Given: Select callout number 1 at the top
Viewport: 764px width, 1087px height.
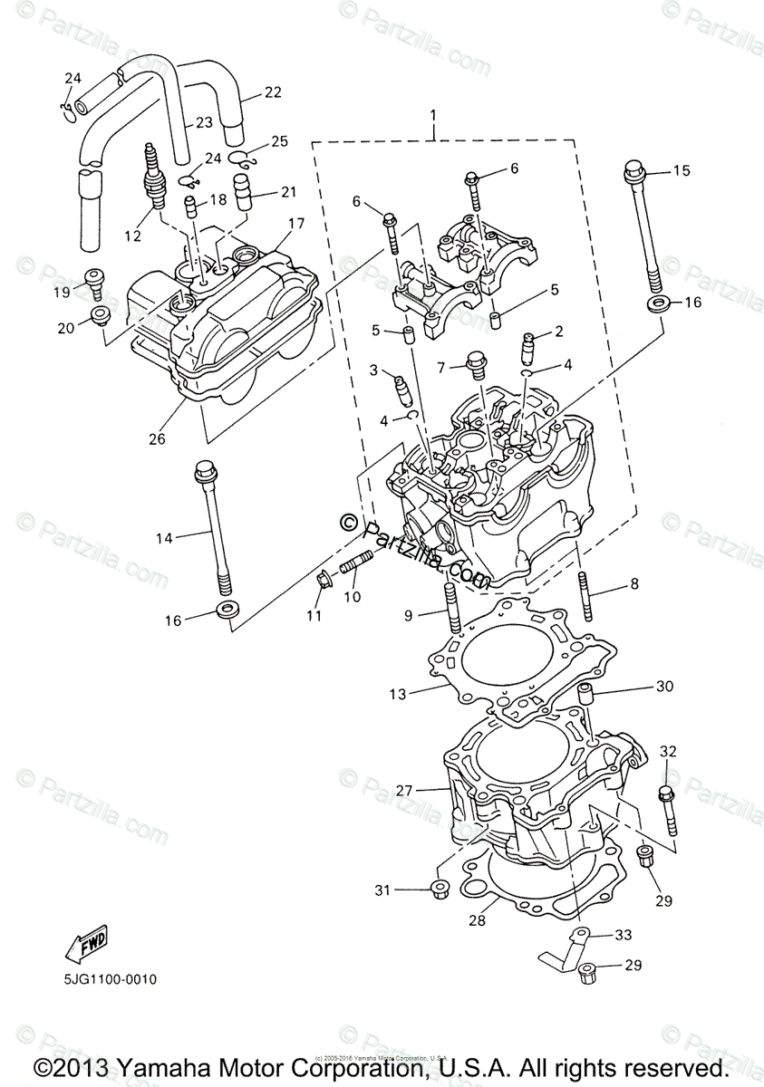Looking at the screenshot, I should coord(433,116).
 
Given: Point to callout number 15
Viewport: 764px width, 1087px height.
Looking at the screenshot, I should coord(681,170).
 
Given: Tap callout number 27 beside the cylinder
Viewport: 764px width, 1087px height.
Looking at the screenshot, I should coord(403,790).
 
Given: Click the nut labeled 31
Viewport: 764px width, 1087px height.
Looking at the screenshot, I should coord(437,889).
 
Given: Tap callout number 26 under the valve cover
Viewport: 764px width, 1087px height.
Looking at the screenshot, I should coord(158,438).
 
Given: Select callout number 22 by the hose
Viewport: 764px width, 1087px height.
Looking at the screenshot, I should coord(273,91).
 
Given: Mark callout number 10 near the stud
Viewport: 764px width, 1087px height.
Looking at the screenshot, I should coord(351,597).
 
